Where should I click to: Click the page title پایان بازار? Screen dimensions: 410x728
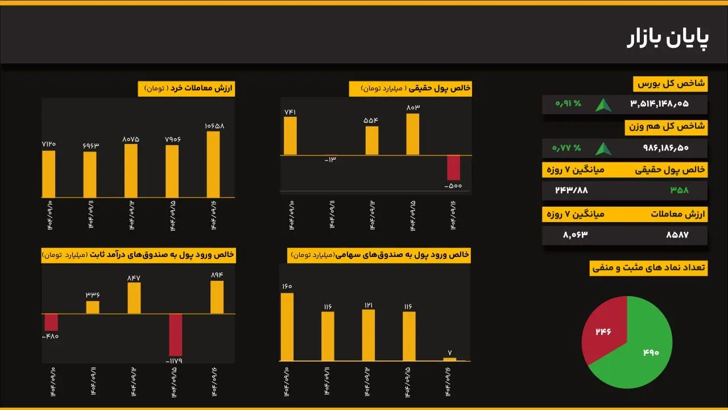coord(668,39)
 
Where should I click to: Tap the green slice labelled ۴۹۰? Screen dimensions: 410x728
coord(643,353)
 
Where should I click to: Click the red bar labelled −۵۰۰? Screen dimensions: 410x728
coord(453,167)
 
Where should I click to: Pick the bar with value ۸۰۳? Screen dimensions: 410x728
coord(413,134)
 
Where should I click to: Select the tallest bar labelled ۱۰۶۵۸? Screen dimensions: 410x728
coord(213,165)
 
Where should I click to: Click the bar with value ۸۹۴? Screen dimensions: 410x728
coord(217,297)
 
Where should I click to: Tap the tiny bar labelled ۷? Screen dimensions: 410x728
coord(450,359)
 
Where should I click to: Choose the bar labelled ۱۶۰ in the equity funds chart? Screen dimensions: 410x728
coord(287,327)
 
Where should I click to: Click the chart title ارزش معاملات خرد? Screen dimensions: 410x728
coord(186,89)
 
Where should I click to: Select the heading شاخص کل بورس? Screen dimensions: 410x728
coord(670,84)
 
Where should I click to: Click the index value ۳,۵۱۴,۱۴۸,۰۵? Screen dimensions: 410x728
coord(659,104)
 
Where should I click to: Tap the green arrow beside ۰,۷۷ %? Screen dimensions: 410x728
coord(603,149)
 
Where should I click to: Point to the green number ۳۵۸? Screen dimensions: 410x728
coord(679,190)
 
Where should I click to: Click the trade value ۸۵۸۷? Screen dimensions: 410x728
coord(677,235)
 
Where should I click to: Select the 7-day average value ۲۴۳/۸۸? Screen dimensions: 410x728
coord(572,190)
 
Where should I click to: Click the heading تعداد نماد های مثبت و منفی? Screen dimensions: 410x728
coord(648,267)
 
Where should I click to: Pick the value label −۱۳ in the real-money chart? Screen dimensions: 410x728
coord(330,159)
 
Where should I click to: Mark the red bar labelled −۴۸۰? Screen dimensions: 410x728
coord(51,322)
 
